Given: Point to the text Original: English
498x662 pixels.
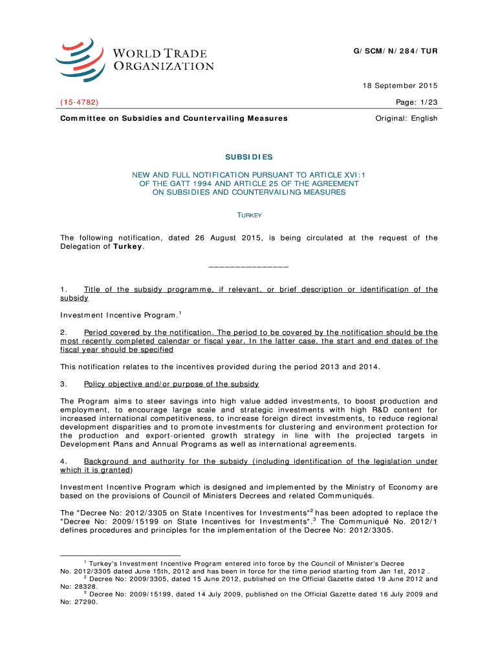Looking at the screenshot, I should [x=407, y=118].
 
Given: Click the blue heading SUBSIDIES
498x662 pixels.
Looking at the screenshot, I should [x=249, y=157].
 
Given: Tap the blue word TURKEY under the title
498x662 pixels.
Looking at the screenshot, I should [x=249, y=215].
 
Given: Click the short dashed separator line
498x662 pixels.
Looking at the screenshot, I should [x=249, y=266].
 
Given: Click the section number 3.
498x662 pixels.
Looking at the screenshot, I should [x=63, y=384].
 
